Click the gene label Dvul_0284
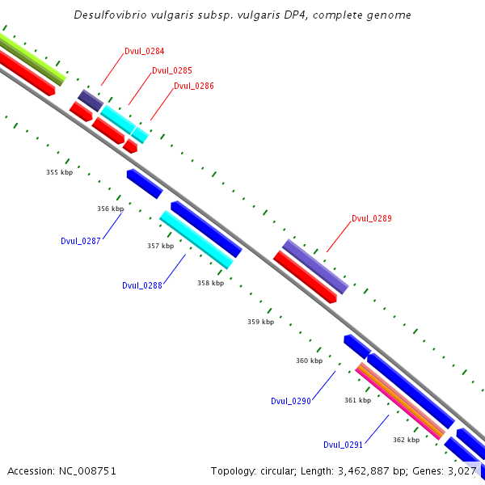pos(145,52)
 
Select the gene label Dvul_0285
pos(171,70)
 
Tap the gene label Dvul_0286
pos(193,86)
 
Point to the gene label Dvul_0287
pos(81,241)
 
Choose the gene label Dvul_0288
pos(142,285)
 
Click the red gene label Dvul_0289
pos(371,218)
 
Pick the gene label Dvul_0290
pos(291,401)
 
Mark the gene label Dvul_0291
pos(343,445)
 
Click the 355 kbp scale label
pos(59,172)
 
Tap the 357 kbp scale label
pos(160,246)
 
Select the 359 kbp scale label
pos(260,322)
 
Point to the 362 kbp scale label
pos(406,440)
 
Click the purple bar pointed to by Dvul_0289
pos(315,266)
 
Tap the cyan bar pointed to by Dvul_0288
pos(196,239)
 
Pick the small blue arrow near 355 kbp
pos(145,183)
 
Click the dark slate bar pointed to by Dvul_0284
pos(90,100)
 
